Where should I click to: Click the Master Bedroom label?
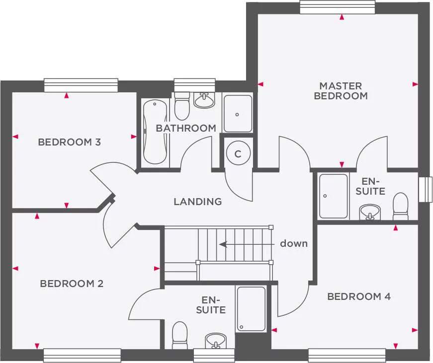tap(341, 91)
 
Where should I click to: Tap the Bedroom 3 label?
tap(70, 143)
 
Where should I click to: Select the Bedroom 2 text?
tap(72, 284)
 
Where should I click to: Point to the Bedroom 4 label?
tap(359, 296)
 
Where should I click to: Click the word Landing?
tap(197, 202)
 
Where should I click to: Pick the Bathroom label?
tap(186, 128)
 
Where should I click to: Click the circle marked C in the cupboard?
tap(238, 154)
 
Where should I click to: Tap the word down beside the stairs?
tap(293, 243)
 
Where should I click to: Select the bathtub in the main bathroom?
tap(155, 132)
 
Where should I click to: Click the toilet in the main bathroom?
tap(182, 106)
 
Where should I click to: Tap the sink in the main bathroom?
tap(204, 101)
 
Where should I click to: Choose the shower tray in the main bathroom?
tap(238, 113)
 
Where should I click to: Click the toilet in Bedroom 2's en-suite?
tap(179, 335)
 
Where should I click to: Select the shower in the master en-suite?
tap(333, 196)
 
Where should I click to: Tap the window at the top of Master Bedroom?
tap(341, 7)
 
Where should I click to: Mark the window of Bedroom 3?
tap(81, 85)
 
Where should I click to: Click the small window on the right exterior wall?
tap(425, 190)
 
